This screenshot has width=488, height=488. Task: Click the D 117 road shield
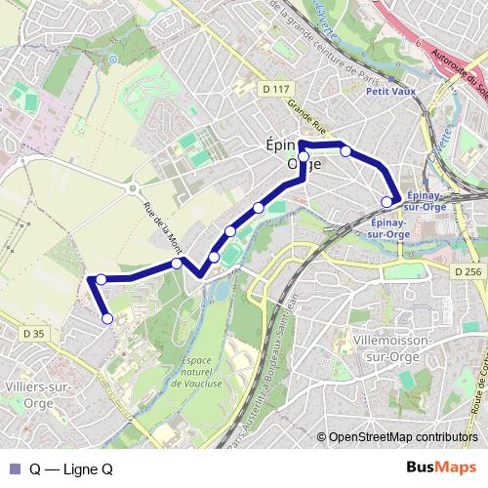pyautogui.click(x=277, y=89)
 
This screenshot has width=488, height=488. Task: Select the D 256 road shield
pyautogui.click(x=468, y=271)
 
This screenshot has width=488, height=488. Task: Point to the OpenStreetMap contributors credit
pyautogui.click(x=403, y=436)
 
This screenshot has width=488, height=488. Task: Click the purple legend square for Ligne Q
pyautogui.click(x=15, y=468)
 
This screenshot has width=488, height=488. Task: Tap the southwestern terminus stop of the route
pyautogui.click(x=107, y=318)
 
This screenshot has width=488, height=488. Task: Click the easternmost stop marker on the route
pyautogui.click(x=387, y=202)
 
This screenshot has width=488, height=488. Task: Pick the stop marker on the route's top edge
pyautogui.click(x=346, y=150)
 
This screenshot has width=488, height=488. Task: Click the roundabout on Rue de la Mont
pyautogui.click(x=135, y=190)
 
